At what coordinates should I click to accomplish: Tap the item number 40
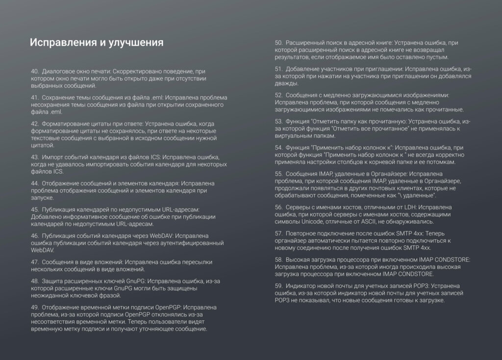pyautogui.click(x=34, y=72)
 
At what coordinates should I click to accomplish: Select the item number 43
pyautogui.click(x=34, y=157)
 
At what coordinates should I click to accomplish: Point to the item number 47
pyautogui.click(x=34, y=262)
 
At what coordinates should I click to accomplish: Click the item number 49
pyautogui.click(x=34, y=308)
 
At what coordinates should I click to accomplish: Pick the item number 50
pyautogui.click(x=279, y=43)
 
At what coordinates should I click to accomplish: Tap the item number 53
pyautogui.click(x=279, y=121)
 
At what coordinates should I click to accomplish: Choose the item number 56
pyautogui.click(x=279, y=207)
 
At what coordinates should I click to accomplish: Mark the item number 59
pyautogui.click(x=279, y=285)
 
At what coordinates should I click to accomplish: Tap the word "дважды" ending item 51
pyautogui.click(x=285, y=83)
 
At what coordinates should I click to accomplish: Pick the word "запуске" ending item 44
pyautogui.click(x=42, y=198)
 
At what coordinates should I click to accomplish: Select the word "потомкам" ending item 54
pyautogui.click(x=441, y=162)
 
